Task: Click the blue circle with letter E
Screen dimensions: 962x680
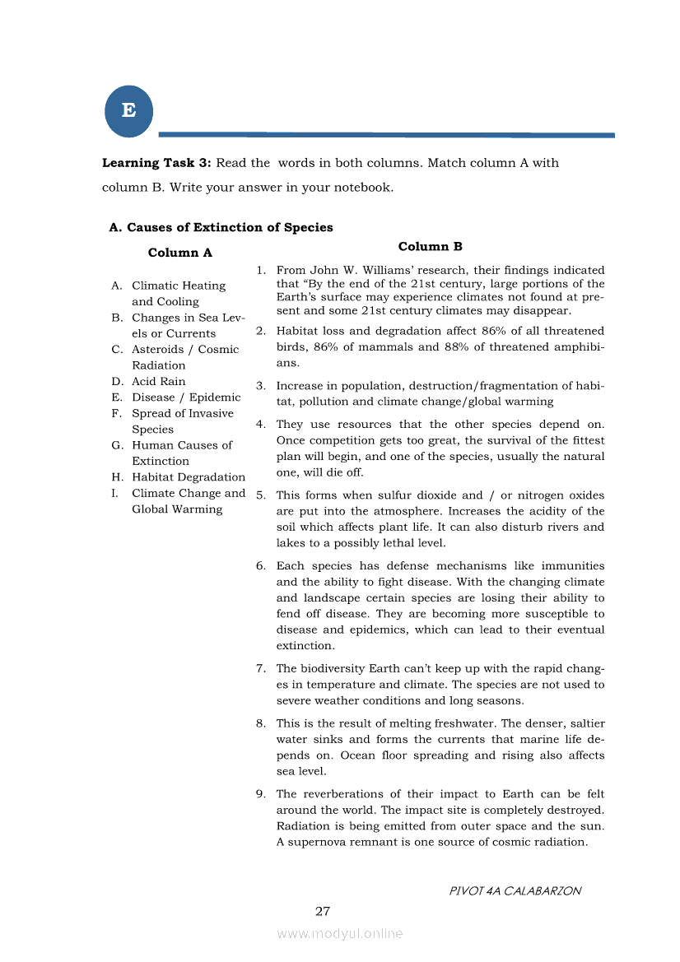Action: [x=129, y=111]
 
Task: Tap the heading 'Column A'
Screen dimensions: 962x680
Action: [x=179, y=253]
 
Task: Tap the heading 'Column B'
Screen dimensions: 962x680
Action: [x=430, y=246]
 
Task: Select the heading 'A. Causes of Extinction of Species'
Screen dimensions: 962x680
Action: [x=221, y=227]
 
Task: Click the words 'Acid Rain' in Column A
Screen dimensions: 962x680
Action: [x=159, y=381]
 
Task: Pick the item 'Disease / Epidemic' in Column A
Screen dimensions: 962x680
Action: [x=186, y=397]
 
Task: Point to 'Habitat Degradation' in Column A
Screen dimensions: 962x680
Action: [x=189, y=477]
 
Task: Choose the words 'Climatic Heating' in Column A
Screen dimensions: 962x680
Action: [x=179, y=286]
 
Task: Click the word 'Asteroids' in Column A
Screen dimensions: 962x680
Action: [x=158, y=349]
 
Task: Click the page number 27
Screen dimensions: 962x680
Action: [x=323, y=911]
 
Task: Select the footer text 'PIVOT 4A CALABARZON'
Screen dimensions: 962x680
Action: [x=515, y=890]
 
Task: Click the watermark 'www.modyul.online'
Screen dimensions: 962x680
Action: [x=340, y=933]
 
